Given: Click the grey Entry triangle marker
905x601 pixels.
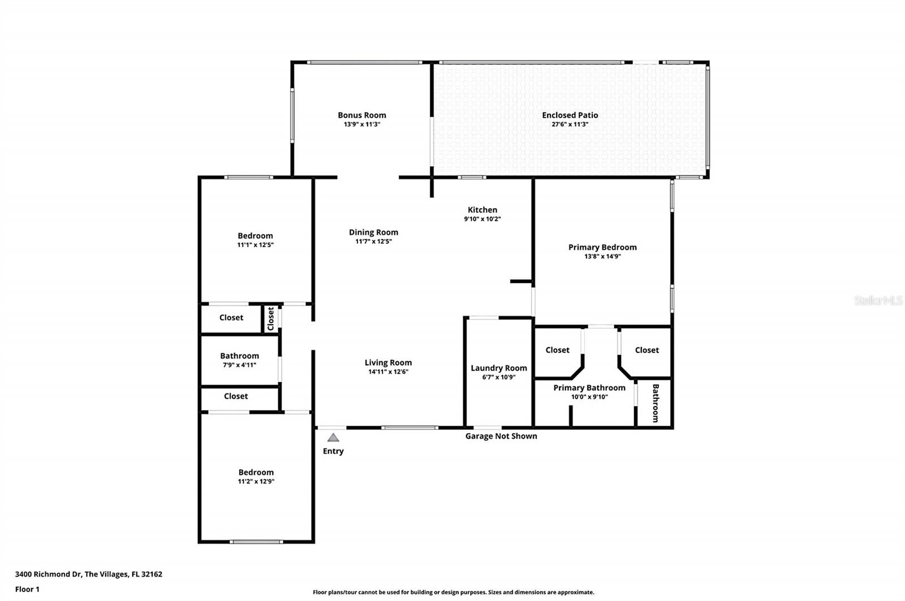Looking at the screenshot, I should click(333, 438).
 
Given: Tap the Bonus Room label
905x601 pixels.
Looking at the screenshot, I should click(362, 115).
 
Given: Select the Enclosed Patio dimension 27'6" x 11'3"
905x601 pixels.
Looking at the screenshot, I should click(570, 124).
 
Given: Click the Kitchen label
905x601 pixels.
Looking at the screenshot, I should click(482, 210).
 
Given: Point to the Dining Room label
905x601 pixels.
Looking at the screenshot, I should click(373, 232).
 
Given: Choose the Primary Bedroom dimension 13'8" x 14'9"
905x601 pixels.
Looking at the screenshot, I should click(602, 256).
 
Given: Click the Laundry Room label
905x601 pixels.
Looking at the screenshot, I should click(499, 368).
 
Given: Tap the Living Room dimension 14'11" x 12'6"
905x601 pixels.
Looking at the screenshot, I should click(388, 372).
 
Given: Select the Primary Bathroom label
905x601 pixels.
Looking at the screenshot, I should click(589, 388).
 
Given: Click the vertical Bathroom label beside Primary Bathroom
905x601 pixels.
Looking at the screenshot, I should click(656, 403).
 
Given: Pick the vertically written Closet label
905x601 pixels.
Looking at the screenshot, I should click(271, 319).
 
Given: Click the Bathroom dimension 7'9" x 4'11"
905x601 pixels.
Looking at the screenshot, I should click(239, 365).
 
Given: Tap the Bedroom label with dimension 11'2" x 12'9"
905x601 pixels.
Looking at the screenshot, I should click(256, 473).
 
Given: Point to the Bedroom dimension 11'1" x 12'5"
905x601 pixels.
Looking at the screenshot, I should click(255, 245).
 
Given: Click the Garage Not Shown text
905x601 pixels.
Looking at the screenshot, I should click(501, 436).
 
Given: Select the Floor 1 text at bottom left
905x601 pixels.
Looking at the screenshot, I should click(27, 589).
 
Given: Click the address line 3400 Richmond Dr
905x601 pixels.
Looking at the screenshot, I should click(89, 574).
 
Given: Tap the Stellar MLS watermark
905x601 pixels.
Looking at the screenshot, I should click(878, 301).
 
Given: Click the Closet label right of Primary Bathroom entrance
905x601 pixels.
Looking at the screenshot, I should click(647, 351).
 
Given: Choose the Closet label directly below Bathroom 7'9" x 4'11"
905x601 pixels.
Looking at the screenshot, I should click(236, 396).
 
